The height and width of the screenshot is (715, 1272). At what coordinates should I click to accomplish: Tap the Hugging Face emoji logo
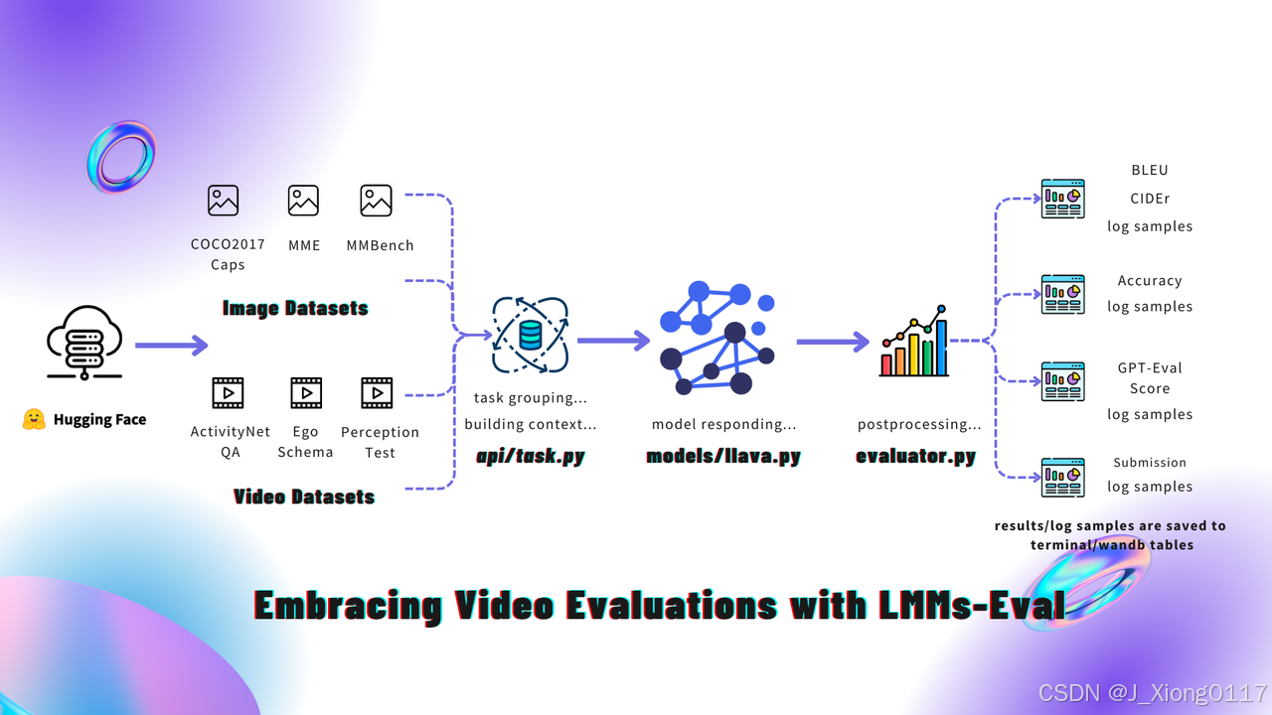pyautogui.click(x=34, y=420)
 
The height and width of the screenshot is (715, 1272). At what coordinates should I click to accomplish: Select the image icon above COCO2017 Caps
pyautogui.click(x=224, y=200)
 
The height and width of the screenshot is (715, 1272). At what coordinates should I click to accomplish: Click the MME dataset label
pyautogui.click(x=303, y=245)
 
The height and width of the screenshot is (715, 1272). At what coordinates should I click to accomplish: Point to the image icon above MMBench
pyautogui.click(x=376, y=200)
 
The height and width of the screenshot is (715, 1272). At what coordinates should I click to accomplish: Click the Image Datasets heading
pyautogui.click(x=295, y=308)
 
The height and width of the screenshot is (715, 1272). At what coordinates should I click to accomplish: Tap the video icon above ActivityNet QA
pyautogui.click(x=229, y=392)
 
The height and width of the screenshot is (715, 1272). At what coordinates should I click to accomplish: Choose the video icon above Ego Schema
pyautogui.click(x=306, y=392)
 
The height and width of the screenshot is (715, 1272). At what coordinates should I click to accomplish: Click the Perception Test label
pyautogui.click(x=380, y=442)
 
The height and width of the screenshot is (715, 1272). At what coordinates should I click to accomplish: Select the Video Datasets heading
pyautogui.click(x=304, y=497)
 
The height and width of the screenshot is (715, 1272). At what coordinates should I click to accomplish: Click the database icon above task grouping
pyautogui.click(x=531, y=337)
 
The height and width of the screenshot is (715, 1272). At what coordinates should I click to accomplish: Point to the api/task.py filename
pyautogui.click(x=530, y=457)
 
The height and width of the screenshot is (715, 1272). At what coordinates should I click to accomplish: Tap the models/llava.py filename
pyautogui.click(x=723, y=457)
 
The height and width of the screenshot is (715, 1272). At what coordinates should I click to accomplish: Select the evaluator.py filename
pyautogui.click(x=915, y=457)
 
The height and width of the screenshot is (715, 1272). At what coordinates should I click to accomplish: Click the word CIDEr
pyautogui.click(x=1149, y=198)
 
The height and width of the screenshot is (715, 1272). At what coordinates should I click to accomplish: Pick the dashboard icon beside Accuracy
pyautogui.click(x=1062, y=294)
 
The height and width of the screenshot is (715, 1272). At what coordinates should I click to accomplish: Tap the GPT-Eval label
pyautogui.click(x=1150, y=367)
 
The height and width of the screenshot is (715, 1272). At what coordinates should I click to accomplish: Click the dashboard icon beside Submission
pyautogui.click(x=1062, y=477)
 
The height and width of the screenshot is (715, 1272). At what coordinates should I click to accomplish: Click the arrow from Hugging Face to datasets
pyautogui.click(x=171, y=346)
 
